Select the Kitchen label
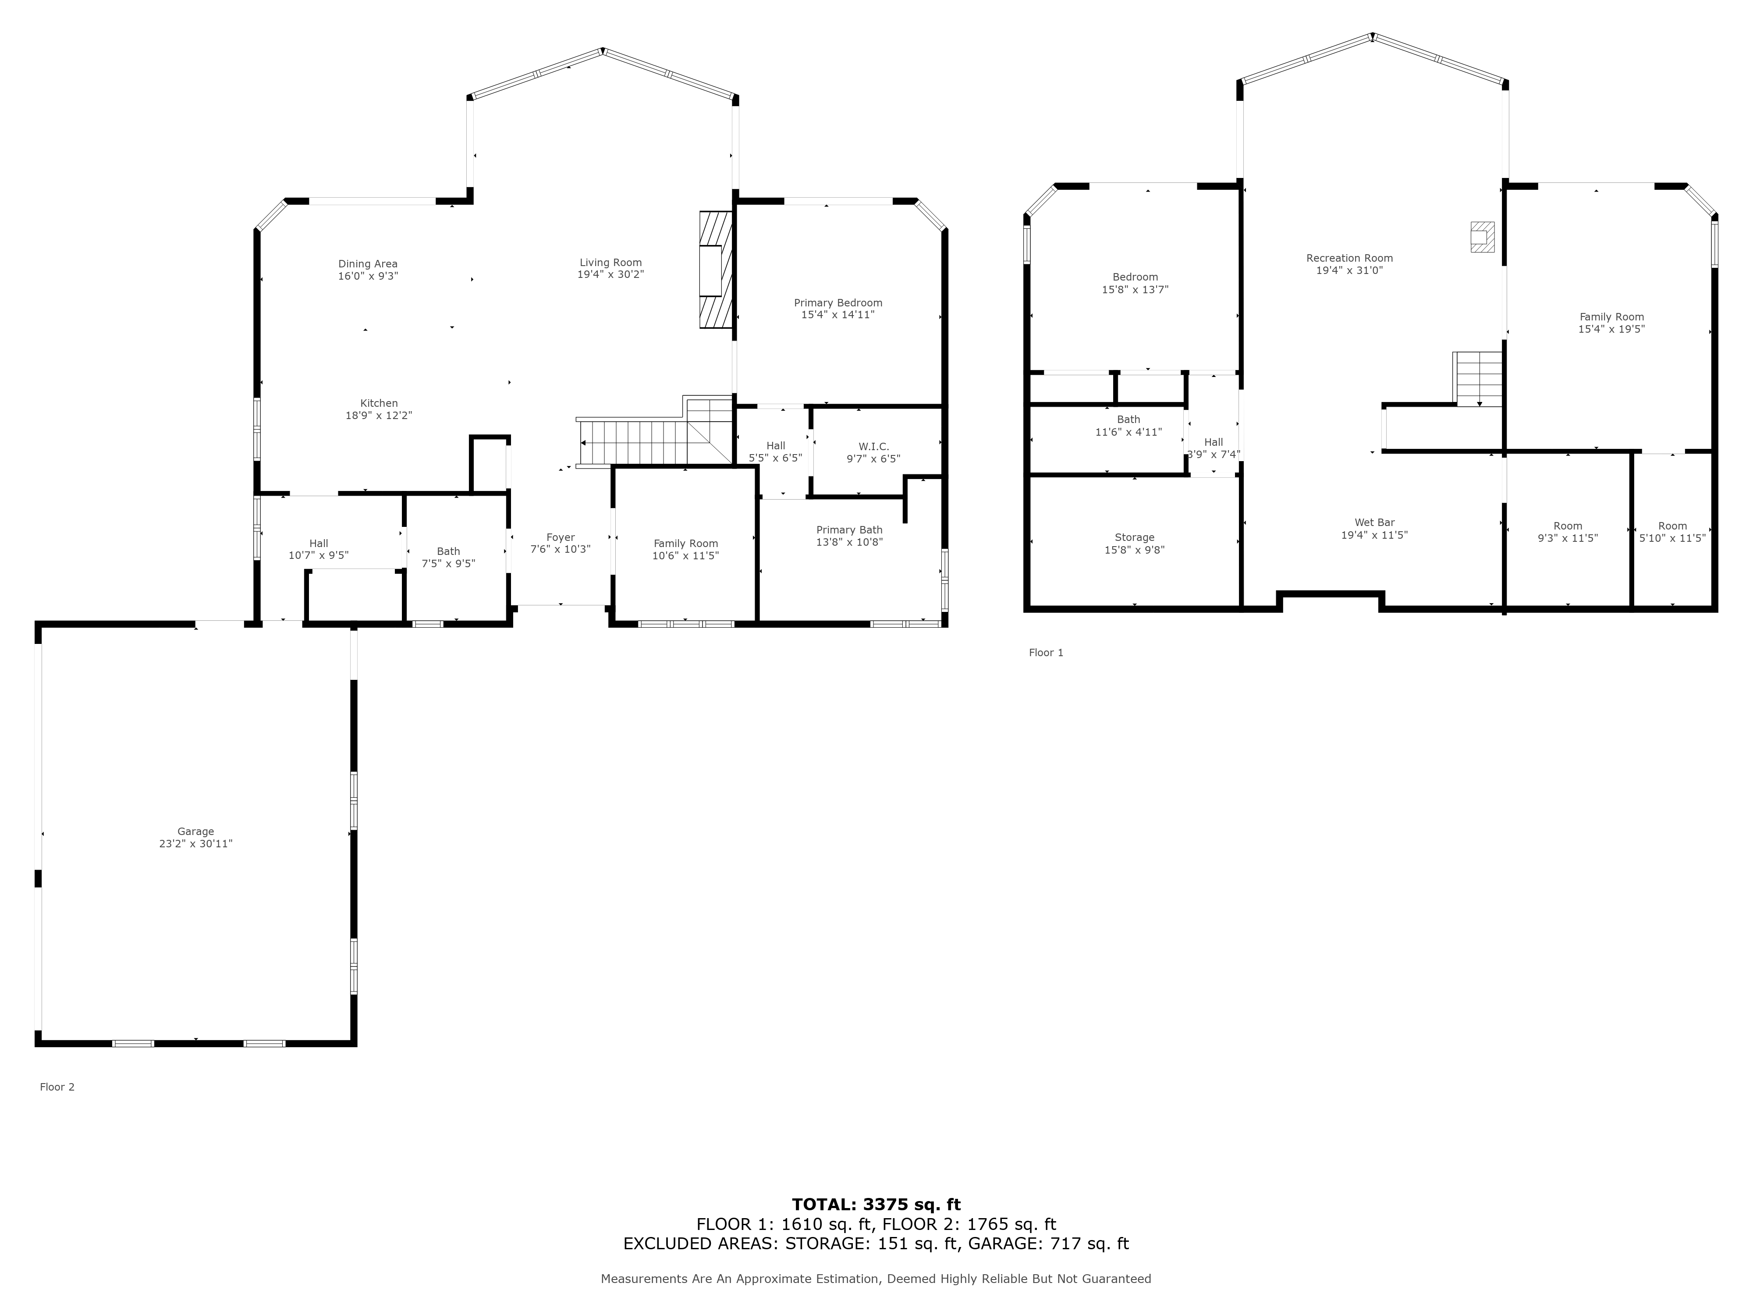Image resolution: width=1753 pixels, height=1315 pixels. coord(379,403)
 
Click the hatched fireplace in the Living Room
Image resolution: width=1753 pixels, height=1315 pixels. coord(715,270)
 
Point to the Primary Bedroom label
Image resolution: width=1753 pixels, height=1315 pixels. coord(837,303)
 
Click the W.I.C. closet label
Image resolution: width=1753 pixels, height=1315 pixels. coord(873,447)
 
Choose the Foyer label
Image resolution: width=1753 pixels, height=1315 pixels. coord(560,537)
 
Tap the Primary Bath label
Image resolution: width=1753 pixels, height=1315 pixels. coord(849,530)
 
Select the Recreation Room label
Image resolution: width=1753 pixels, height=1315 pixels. coord(1349,259)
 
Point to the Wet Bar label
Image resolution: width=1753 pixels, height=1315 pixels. coord(1374,523)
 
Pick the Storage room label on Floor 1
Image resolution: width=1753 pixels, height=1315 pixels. coord(1134,537)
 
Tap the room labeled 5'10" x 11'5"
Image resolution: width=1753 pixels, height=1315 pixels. coord(1672,532)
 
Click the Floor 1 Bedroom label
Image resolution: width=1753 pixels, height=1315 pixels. coord(1135,277)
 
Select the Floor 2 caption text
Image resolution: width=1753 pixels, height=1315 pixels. coord(57,1087)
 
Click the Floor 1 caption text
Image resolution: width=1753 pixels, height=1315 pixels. coord(1046,652)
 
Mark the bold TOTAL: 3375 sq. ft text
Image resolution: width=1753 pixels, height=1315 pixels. coord(876,1205)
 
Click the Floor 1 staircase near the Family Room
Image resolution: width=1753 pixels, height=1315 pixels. coord(1479,379)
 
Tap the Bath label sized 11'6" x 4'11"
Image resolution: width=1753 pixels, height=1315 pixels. coord(1128,420)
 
